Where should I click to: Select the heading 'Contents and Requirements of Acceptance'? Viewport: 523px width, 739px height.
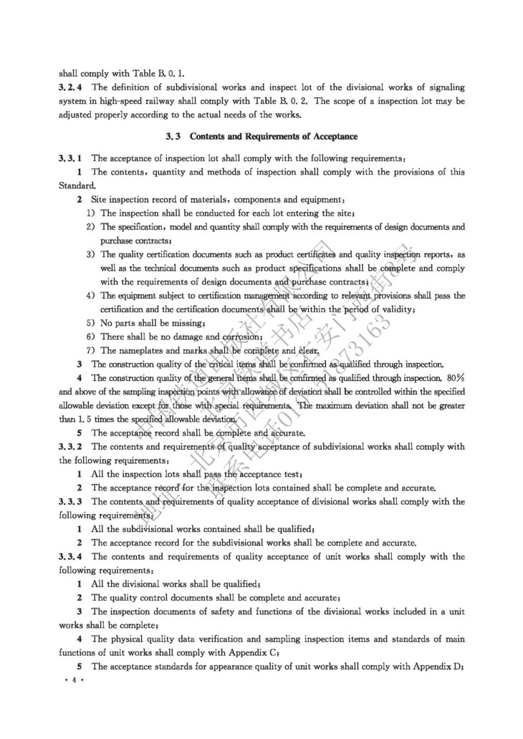(x=263, y=137)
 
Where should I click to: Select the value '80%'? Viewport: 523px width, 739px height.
(x=455, y=377)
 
